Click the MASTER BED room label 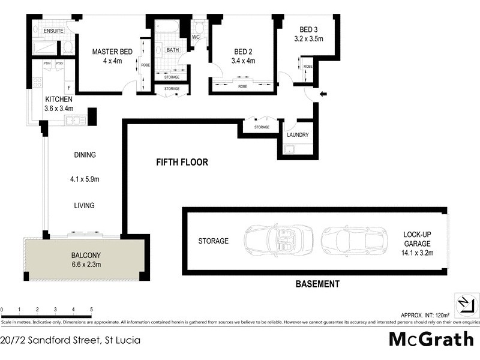[x=112, y=52]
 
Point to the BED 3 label [x=309, y=29]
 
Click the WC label [x=196, y=37]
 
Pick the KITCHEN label [x=59, y=100]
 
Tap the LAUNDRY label [x=298, y=135]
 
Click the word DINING [x=85, y=155]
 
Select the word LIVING [x=85, y=206]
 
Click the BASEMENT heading [x=317, y=284]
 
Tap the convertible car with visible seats [x=278, y=241]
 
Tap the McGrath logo [x=431, y=339]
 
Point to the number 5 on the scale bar [x=91, y=310]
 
